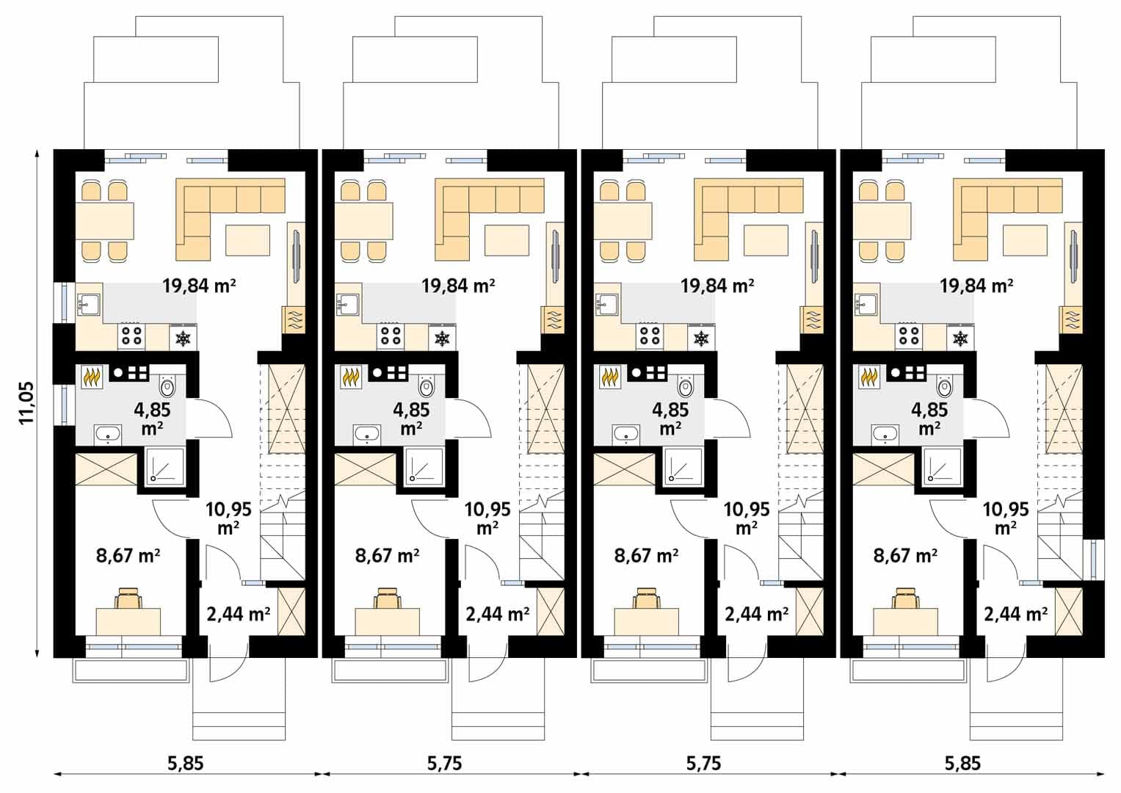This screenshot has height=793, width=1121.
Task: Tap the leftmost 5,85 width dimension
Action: [x=186, y=764]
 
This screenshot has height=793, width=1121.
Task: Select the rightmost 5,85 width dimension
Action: [x=962, y=764]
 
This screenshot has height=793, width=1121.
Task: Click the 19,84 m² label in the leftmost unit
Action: [x=199, y=286]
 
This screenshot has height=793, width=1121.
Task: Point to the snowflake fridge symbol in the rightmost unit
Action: [x=960, y=339]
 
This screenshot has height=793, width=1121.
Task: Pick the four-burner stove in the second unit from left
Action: [x=391, y=336]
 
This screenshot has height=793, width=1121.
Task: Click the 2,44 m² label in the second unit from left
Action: [x=498, y=615]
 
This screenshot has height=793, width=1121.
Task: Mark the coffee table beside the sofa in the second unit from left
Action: [x=507, y=240]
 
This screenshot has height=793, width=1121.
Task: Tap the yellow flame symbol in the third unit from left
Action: [x=611, y=377]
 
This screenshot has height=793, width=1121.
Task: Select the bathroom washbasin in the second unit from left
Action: [x=367, y=435]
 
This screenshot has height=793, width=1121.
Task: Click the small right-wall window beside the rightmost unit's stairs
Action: [x=1098, y=560]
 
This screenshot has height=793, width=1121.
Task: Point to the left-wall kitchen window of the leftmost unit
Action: [x=64, y=303]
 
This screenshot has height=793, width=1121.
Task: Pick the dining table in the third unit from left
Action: [x=623, y=221]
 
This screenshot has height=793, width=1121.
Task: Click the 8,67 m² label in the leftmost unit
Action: [x=128, y=556]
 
